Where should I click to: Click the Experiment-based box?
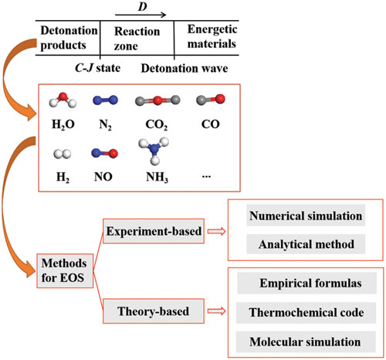(x=154, y=231)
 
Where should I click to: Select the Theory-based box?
(x=154, y=311)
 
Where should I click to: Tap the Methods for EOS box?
(x=65, y=270)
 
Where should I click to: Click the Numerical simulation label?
(x=306, y=216)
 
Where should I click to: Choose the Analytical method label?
(x=306, y=244)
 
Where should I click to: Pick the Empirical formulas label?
(x=310, y=284)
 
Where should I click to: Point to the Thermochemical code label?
(x=306, y=312)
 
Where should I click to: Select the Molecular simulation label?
(x=305, y=341)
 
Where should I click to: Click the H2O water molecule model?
(x=63, y=100)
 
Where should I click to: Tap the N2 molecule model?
(x=105, y=100)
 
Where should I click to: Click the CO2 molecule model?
(x=157, y=100)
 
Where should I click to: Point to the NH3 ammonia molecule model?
(x=154, y=151)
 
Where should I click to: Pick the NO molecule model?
(x=104, y=153)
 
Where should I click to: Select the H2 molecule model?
(x=63, y=154)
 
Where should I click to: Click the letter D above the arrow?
(x=143, y=6)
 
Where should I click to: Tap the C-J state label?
(x=97, y=68)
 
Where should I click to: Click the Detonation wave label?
(x=185, y=69)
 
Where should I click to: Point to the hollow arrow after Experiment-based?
(x=216, y=232)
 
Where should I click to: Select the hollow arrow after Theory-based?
(x=216, y=311)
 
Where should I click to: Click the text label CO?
(x=211, y=124)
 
